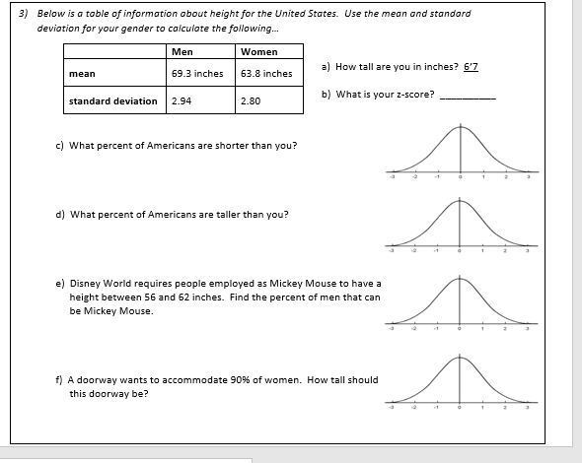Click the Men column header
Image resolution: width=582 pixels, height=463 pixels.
pyautogui.click(x=182, y=52)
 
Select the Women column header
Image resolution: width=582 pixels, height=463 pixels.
pyautogui.click(x=258, y=52)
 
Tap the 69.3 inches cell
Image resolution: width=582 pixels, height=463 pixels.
pyautogui.click(x=196, y=73)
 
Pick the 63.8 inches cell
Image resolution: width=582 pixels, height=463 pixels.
pyautogui.click(x=266, y=73)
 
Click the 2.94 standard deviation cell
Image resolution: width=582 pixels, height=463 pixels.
pyautogui.click(x=182, y=100)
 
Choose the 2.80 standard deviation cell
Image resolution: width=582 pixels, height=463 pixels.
pyautogui.click(x=251, y=100)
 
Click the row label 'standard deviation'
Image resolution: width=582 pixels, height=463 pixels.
pyautogui.click(x=113, y=100)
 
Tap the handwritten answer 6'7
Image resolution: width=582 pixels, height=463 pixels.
pyautogui.click(x=472, y=66)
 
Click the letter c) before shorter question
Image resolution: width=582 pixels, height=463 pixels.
pyautogui.click(x=60, y=145)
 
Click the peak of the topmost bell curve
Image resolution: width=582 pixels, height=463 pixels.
pyautogui.click(x=460, y=128)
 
